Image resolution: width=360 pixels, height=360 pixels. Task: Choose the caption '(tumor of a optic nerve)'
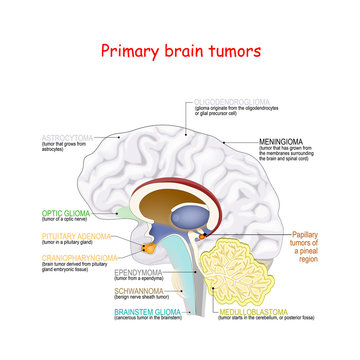[43, 220]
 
